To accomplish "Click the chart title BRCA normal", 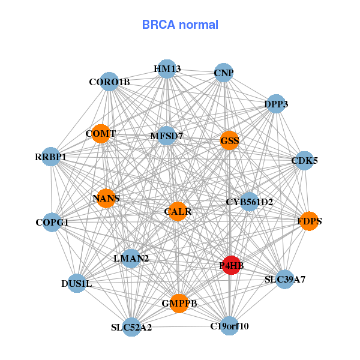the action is tap(180, 25).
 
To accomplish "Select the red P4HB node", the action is tap(232, 265).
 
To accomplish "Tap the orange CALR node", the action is tap(178, 211).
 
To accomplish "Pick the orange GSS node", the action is tap(229, 141).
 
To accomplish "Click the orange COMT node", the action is tap(101, 133).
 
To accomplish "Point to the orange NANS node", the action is tap(106, 198).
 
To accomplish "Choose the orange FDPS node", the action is tap(309, 221).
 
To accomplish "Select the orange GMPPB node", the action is tap(179, 302).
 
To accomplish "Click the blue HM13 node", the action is tap(167, 69).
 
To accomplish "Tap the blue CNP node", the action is tap(224, 73).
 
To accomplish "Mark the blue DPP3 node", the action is tap(275, 104).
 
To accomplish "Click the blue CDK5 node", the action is tap(304, 160).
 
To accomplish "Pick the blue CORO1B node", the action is tap(109, 82).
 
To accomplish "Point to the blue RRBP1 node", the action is tap(51, 157).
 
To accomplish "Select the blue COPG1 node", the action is tap(52, 223).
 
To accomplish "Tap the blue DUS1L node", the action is tap(76, 283).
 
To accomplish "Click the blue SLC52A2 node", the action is tap(131, 327).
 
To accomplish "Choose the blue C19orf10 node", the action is tap(229, 326).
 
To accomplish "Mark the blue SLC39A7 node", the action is tap(285, 279).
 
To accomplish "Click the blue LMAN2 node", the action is tap(131, 259).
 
